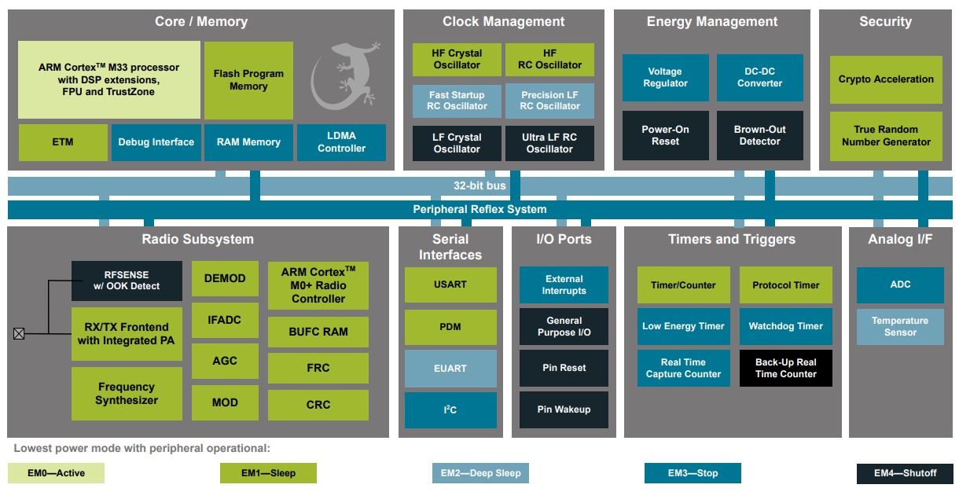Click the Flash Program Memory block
click(248, 80)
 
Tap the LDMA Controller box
click(341, 142)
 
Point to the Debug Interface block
click(156, 142)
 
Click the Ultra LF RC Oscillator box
click(549, 143)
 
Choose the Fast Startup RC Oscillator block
click(457, 101)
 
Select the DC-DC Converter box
click(759, 78)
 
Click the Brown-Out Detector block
click(759, 135)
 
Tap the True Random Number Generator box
click(886, 136)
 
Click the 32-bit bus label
click(479, 186)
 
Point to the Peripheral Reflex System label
click(479, 209)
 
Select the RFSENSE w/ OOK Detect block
click(127, 281)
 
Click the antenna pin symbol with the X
click(19, 333)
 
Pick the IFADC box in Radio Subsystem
click(225, 320)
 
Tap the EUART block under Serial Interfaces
click(450, 368)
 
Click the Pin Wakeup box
click(564, 409)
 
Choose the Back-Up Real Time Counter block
click(785, 368)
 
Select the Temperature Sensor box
click(900, 326)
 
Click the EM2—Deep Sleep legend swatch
click(480, 473)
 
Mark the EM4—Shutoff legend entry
click(905, 473)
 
